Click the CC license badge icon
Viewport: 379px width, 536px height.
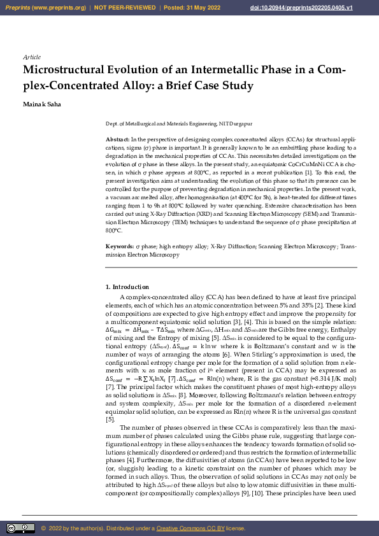coord(20,528)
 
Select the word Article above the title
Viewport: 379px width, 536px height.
coord(31,57)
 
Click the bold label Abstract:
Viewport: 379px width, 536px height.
coord(118,138)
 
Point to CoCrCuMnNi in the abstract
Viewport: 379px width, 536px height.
coord(273,164)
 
